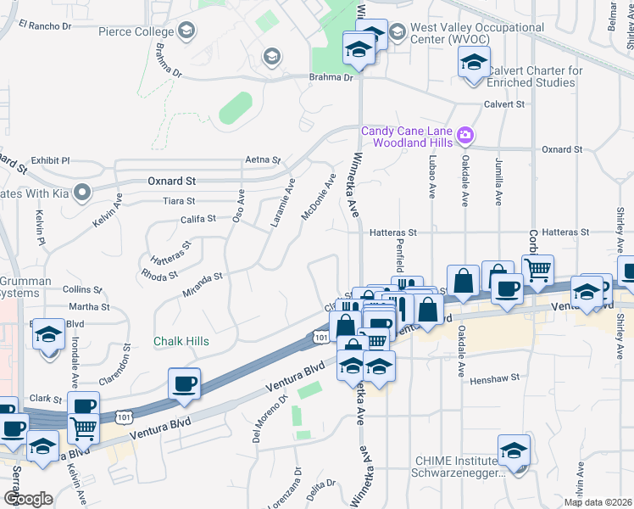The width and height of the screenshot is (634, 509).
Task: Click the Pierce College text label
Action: click(136, 32)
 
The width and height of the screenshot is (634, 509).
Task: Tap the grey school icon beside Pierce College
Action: click(186, 32)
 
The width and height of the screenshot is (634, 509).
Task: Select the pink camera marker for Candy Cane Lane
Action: click(464, 135)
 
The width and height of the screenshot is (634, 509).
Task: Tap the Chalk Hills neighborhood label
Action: click(181, 341)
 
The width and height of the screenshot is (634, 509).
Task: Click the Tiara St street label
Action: click(179, 201)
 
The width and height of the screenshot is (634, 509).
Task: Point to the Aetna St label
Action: click(262, 159)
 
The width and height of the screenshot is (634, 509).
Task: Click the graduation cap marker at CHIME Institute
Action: click(514, 451)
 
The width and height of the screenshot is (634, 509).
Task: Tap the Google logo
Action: click(27, 499)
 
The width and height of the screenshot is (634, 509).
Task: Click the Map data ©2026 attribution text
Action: click(598, 502)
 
